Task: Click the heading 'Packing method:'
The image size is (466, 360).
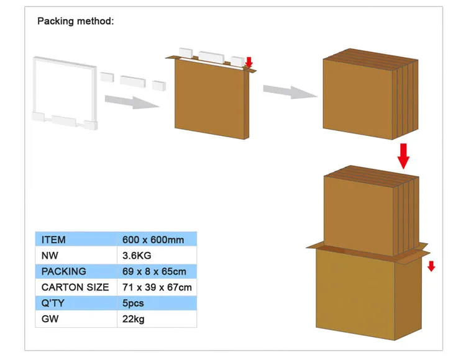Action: [x=76, y=21]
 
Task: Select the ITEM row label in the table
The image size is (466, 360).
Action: [x=53, y=239]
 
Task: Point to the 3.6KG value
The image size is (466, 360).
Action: [x=137, y=255]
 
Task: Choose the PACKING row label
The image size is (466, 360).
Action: [x=63, y=271]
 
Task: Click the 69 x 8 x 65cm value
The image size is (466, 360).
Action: [x=153, y=271]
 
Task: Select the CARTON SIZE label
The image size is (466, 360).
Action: [x=75, y=287]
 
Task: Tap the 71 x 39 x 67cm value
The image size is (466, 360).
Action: [x=157, y=287]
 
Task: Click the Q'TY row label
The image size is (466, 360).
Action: [x=53, y=304]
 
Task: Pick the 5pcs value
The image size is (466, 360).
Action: [x=134, y=304]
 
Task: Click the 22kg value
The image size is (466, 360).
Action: [x=133, y=320]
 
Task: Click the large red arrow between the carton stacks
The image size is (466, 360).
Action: [x=404, y=156]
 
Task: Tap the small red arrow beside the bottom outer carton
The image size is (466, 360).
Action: [x=431, y=266]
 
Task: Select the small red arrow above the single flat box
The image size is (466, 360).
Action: [x=249, y=62]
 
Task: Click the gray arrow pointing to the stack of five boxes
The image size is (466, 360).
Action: [x=289, y=91]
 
